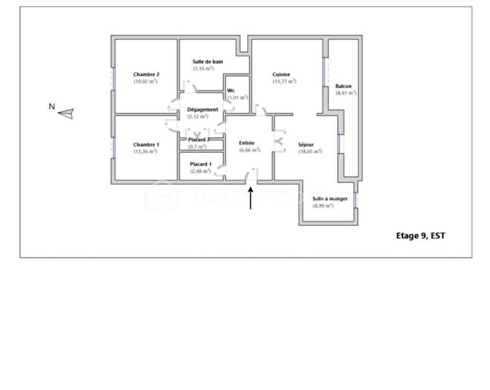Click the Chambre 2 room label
click(x=146, y=74)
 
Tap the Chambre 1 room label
click(x=146, y=144)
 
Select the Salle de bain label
click(x=208, y=62)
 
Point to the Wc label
click(x=231, y=91)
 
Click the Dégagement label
click(x=203, y=109)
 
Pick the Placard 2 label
click(x=198, y=140)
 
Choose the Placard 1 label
click(x=200, y=164)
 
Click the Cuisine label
click(x=281, y=74)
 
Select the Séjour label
click(x=306, y=144)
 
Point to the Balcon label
click(x=344, y=86)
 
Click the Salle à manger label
click(x=330, y=198)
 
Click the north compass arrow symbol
click(x=66, y=114)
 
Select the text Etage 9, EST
click(x=421, y=235)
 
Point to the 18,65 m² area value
click(x=310, y=152)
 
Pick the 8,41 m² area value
click(x=346, y=93)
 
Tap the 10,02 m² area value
click(x=146, y=82)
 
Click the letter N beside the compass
click(x=51, y=106)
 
